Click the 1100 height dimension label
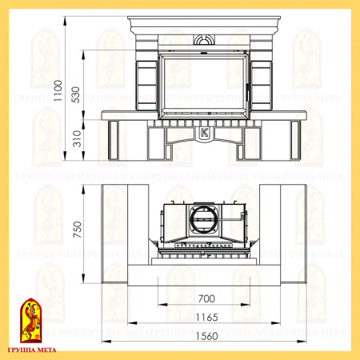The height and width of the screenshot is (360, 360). point(58,90)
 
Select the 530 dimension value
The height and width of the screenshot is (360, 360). point(76,94)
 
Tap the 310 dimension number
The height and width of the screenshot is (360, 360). point(77,138)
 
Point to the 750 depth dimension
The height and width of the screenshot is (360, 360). point(78,230)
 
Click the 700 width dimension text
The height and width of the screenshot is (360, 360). point(206,298)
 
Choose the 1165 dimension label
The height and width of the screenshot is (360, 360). point(207,318)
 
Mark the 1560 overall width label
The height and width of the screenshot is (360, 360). point(207,336)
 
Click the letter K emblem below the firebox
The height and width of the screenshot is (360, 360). point(205,133)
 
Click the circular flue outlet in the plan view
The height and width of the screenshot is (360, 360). point(203,219)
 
